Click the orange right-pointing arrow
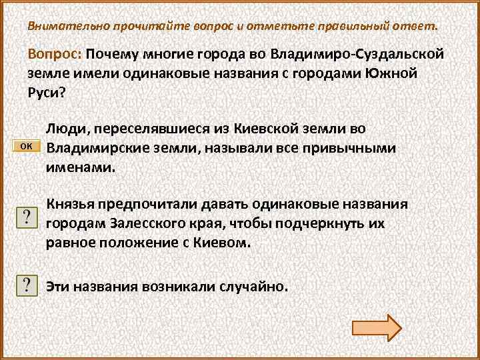pos(376,327)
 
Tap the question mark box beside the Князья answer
pos(25,217)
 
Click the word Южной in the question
pos(391,73)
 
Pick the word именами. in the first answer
pos(80,166)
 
